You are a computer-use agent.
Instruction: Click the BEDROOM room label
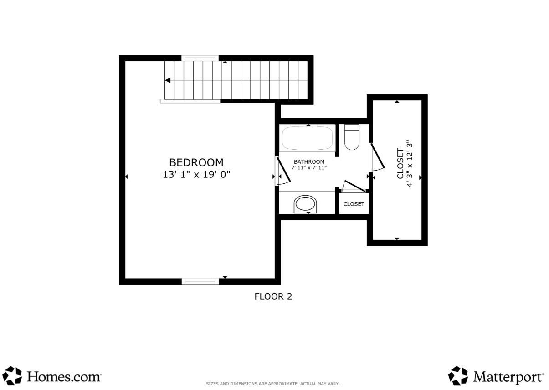[x=196, y=162]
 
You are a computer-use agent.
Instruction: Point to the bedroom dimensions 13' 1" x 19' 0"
[x=196, y=175]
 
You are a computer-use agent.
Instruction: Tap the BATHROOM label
[x=309, y=162]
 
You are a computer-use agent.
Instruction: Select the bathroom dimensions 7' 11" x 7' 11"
[x=309, y=168]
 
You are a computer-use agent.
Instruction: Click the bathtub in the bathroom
[x=307, y=138]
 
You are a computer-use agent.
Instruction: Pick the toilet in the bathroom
[x=352, y=137]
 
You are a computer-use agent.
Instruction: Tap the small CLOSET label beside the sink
[x=354, y=204]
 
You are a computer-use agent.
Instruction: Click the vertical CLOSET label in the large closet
[x=400, y=163]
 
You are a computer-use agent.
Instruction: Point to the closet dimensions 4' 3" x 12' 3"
[x=410, y=164]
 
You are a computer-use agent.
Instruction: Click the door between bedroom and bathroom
[x=283, y=171]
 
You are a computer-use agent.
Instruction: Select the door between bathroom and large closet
[x=377, y=157]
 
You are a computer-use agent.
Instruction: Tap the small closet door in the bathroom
[x=354, y=186]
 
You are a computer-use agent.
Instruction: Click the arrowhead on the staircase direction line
[x=168, y=80]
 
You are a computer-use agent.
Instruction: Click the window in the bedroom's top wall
[x=200, y=58]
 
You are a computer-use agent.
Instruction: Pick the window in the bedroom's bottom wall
[x=200, y=281]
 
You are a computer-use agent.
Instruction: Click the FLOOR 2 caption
[x=273, y=296]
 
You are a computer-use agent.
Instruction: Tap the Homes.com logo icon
[x=12, y=375]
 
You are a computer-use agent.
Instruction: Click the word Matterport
[x=508, y=377]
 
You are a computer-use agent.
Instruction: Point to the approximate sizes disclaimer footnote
[x=273, y=383]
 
